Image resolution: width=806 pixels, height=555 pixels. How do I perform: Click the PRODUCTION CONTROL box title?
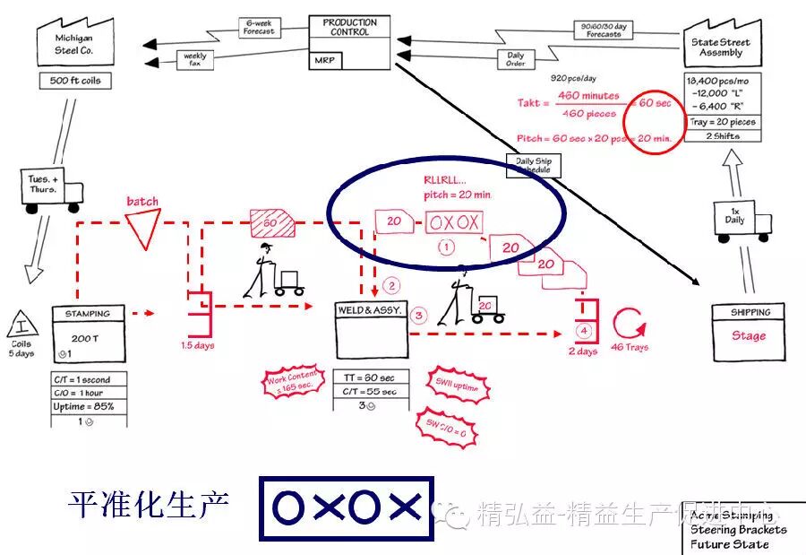pos(350,27)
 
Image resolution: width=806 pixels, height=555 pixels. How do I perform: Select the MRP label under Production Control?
pos(324,61)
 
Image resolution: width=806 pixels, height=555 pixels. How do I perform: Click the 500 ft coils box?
pos(74,81)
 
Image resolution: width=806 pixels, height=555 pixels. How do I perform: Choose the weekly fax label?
pos(195,60)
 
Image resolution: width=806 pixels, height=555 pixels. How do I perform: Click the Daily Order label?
pos(516,58)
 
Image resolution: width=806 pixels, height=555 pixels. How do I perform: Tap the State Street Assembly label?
pos(721,48)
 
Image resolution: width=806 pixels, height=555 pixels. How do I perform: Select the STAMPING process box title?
pos(88,314)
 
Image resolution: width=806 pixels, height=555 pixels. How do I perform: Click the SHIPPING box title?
pos(749,313)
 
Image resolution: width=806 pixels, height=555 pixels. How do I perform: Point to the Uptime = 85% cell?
pos(88,406)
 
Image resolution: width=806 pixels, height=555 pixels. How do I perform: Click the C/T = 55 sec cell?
pos(371,392)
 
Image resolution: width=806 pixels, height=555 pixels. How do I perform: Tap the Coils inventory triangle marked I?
pos(21,324)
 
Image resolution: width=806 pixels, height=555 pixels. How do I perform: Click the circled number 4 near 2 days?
pos(584,330)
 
